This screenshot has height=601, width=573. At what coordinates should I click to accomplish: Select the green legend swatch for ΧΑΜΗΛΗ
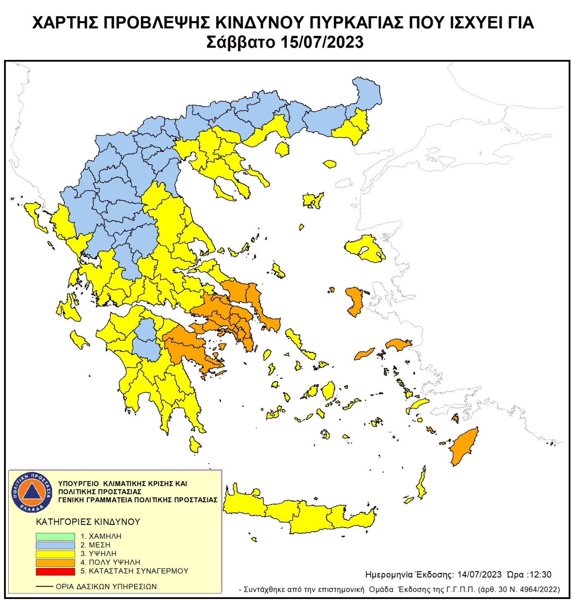(x=55, y=536)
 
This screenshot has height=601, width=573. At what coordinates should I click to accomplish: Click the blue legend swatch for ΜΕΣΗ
(x=55, y=545)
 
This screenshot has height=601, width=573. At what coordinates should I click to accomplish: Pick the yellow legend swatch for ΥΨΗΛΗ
(x=55, y=554)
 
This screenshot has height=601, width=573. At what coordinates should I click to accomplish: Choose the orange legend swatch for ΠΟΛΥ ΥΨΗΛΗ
(x=55, y=563)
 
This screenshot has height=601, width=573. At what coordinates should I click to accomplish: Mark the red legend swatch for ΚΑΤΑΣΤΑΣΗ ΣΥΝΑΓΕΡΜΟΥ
(x=55, y=571)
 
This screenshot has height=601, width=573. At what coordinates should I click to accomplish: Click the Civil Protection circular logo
(x=32, y=492)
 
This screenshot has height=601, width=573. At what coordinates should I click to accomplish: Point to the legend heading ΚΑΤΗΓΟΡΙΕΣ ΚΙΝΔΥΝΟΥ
(x=88, y=522)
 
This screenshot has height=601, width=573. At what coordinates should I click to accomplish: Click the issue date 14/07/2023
(x=479, y=575)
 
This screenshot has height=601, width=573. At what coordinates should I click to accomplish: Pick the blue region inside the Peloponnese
(x=146, y=339)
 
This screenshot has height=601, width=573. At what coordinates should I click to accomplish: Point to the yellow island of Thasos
(x=282, y=148)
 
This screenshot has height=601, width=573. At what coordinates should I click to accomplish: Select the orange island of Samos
(x=398, y=344)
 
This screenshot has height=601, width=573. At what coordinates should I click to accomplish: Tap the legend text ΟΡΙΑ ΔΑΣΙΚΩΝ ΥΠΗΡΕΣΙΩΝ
(x=106, y=587)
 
